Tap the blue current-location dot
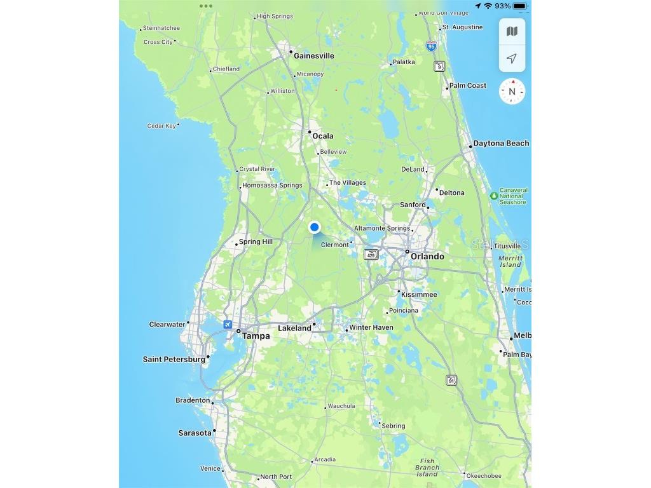point(314,227)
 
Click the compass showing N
point(512,91)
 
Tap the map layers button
point(512,32)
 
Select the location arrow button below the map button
point(512,58)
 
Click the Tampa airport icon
point(228,325)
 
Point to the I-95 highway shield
point(432,46)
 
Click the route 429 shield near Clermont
point(371,255)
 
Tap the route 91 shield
point(451,380)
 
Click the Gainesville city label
point(313,56)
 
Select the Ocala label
point(322,136)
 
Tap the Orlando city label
point(427,256)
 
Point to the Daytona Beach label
point(501,144)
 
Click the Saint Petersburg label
point(174,360)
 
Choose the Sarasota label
point(195,433)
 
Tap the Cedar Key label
point(161,126)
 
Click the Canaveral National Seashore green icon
point(494,195)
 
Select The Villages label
point(347,183)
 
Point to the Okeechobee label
point(483,476)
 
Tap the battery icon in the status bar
point(520,6)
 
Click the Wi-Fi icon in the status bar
point(488,6)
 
